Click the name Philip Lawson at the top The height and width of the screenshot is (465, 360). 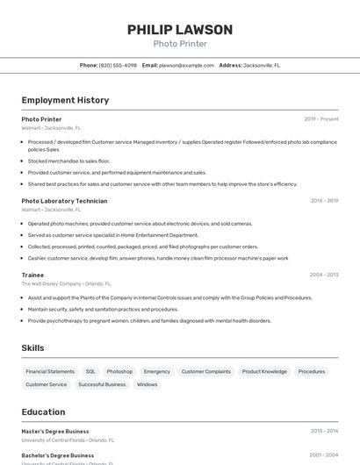[x=180, y=30]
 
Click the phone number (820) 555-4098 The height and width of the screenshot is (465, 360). [x=118, y=65]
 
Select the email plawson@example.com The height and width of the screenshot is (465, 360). [x=186, y=65]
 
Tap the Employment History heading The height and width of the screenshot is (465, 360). [x=65, y=100]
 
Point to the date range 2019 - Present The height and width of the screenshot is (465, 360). [x=321, y=119]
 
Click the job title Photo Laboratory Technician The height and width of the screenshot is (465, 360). [x=64, y=201]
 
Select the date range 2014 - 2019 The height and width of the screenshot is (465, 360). [x=324, y=201]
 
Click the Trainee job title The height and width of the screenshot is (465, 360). [x=32, y=275]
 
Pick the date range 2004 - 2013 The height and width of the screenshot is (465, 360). [x=324, y=275]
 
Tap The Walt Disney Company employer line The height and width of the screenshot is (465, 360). [x=66, y=284]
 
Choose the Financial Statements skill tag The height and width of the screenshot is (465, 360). [x=50, y=371]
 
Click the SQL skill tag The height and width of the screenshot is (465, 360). [x=90, y=371]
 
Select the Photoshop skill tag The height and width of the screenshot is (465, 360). [x=119, y=371]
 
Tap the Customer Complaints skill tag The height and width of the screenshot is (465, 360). [x=205, y=371]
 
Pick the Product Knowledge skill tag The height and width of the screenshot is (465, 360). [x=264, y=371]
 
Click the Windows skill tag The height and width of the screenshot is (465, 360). [x=148, y=384]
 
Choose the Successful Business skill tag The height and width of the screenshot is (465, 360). [x=102, y=384]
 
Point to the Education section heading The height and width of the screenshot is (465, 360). [x=43, y=412]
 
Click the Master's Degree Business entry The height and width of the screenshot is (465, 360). [x=55, y=432]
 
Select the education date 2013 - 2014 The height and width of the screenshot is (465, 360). [x=324, y=432]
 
